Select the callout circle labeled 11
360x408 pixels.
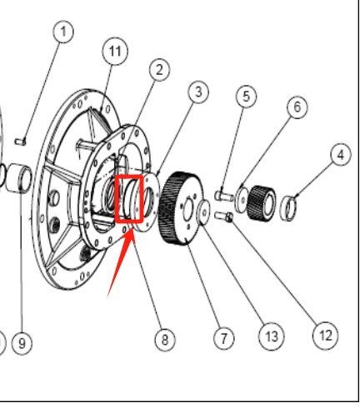click(115, 52)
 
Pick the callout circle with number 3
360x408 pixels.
click(197, 92)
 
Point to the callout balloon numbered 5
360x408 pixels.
click(245, 97)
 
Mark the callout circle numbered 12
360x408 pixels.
click(325, 336)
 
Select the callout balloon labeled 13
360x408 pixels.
click(270, 336)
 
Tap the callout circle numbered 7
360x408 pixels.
click(222, 338)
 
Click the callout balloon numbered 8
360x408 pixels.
click(165, 339)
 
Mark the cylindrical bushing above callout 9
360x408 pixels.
click(20, 178)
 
